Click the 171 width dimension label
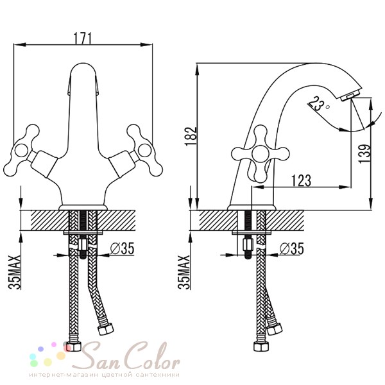point(83,38)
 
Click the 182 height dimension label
point(191,137)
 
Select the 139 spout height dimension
point(364,154)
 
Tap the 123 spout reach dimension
point(301,180)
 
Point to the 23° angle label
point(318,104)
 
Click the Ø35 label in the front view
point(123,248)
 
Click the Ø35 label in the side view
point(292,248)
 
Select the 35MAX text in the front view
point(15,273)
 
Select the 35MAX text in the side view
point(184,273)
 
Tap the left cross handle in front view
point(21,150)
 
